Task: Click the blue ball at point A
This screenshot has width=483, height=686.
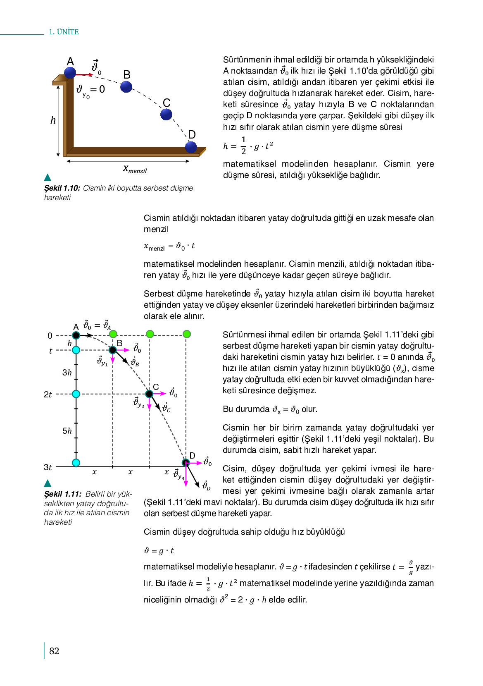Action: [x=70, y=73]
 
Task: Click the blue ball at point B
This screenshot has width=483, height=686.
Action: [x=126, y=87]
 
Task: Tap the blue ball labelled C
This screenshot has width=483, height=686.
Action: [x=166, y=115]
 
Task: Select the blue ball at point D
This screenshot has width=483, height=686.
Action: [x=191, y=147]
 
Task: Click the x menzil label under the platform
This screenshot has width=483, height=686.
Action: [x=135, y=169]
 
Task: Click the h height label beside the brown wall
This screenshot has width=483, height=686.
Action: [x=53, y=120]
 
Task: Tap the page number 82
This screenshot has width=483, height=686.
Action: [x=54, y=651]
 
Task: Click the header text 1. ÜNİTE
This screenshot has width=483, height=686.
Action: [x=64, y=32]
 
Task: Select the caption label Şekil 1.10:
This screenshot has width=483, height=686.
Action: [x=62, y=188]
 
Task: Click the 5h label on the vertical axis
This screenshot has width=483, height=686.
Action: [x=67, y=431]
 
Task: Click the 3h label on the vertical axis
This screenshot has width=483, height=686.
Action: [x=67, y=373]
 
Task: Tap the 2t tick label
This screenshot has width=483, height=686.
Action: [x=48, y=394]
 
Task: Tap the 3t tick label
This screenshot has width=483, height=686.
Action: [x=48, y=467]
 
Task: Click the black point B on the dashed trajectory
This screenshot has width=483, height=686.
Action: [x=112, y=350]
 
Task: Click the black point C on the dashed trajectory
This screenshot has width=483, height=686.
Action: [x=149, y=394]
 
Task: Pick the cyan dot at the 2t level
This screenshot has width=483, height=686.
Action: [x=76, y=394]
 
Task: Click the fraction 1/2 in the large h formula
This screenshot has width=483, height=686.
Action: [x=244, y=146]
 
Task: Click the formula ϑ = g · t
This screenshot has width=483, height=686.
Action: [x=159, y=551]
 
